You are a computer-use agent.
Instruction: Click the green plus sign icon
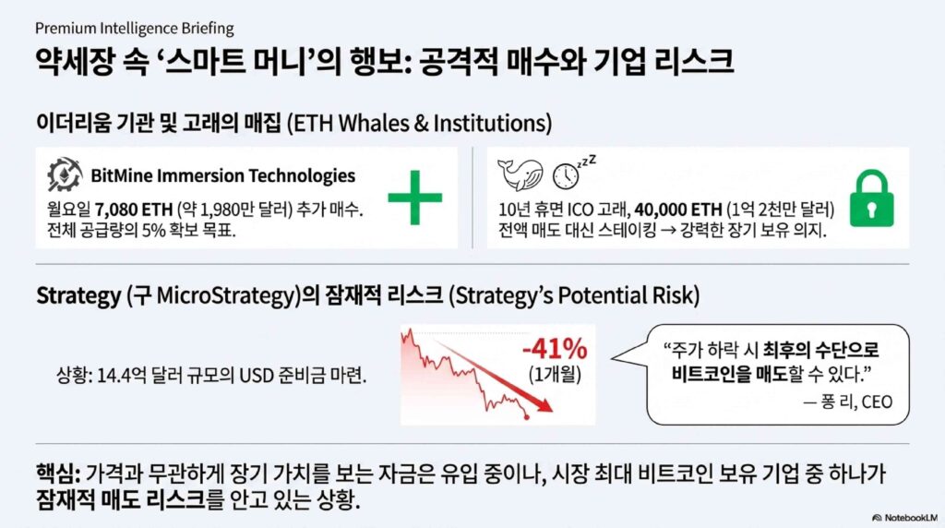point(414,198)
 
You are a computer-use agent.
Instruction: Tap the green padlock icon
point(871,198)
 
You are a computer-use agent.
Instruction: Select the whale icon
point(520,174)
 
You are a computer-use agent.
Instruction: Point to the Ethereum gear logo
point(65,174)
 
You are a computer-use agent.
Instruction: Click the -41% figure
point(555,348)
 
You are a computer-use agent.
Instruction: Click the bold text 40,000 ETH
point(678,210)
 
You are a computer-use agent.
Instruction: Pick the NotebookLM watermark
point(904,518)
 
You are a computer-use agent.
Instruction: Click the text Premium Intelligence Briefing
point(135,29)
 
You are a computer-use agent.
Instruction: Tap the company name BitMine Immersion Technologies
point(223,175)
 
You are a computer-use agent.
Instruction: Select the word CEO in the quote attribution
point(877,402)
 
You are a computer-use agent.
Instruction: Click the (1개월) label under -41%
point(555,375)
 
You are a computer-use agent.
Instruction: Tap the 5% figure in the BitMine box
point(152,230)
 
